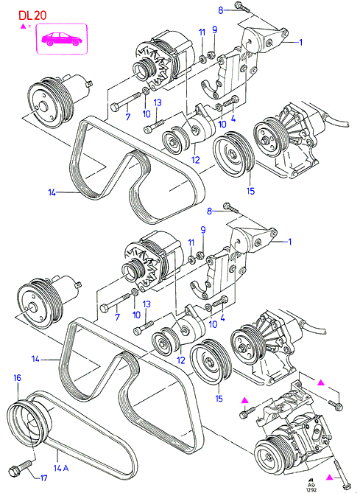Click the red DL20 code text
32,15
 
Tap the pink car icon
62,39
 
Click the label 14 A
62,468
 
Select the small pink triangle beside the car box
23,27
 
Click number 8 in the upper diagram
221,11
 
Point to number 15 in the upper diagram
251,191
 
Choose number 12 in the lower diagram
181,360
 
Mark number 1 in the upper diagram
300,42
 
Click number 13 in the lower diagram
147,304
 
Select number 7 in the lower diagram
117,317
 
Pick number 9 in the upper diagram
214,30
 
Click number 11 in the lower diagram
191,242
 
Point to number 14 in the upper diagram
52,192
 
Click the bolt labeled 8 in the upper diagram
242,7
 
